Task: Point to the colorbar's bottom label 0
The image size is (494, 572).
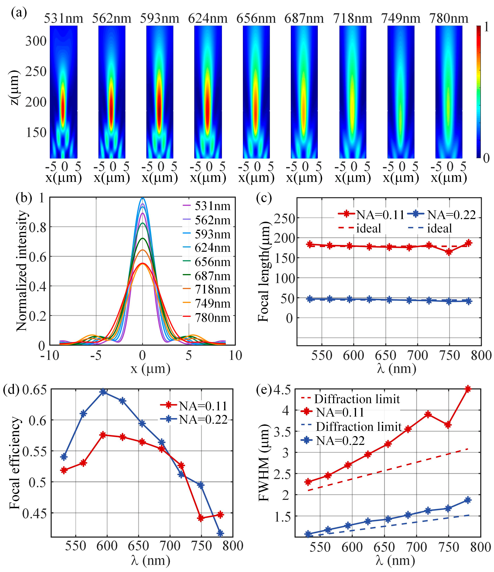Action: [486, 158]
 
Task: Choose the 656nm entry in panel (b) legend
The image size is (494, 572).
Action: [212, 262]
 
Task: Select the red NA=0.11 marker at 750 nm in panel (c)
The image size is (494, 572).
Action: [449, 252]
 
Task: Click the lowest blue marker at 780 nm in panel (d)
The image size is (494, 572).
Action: [220, 533]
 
